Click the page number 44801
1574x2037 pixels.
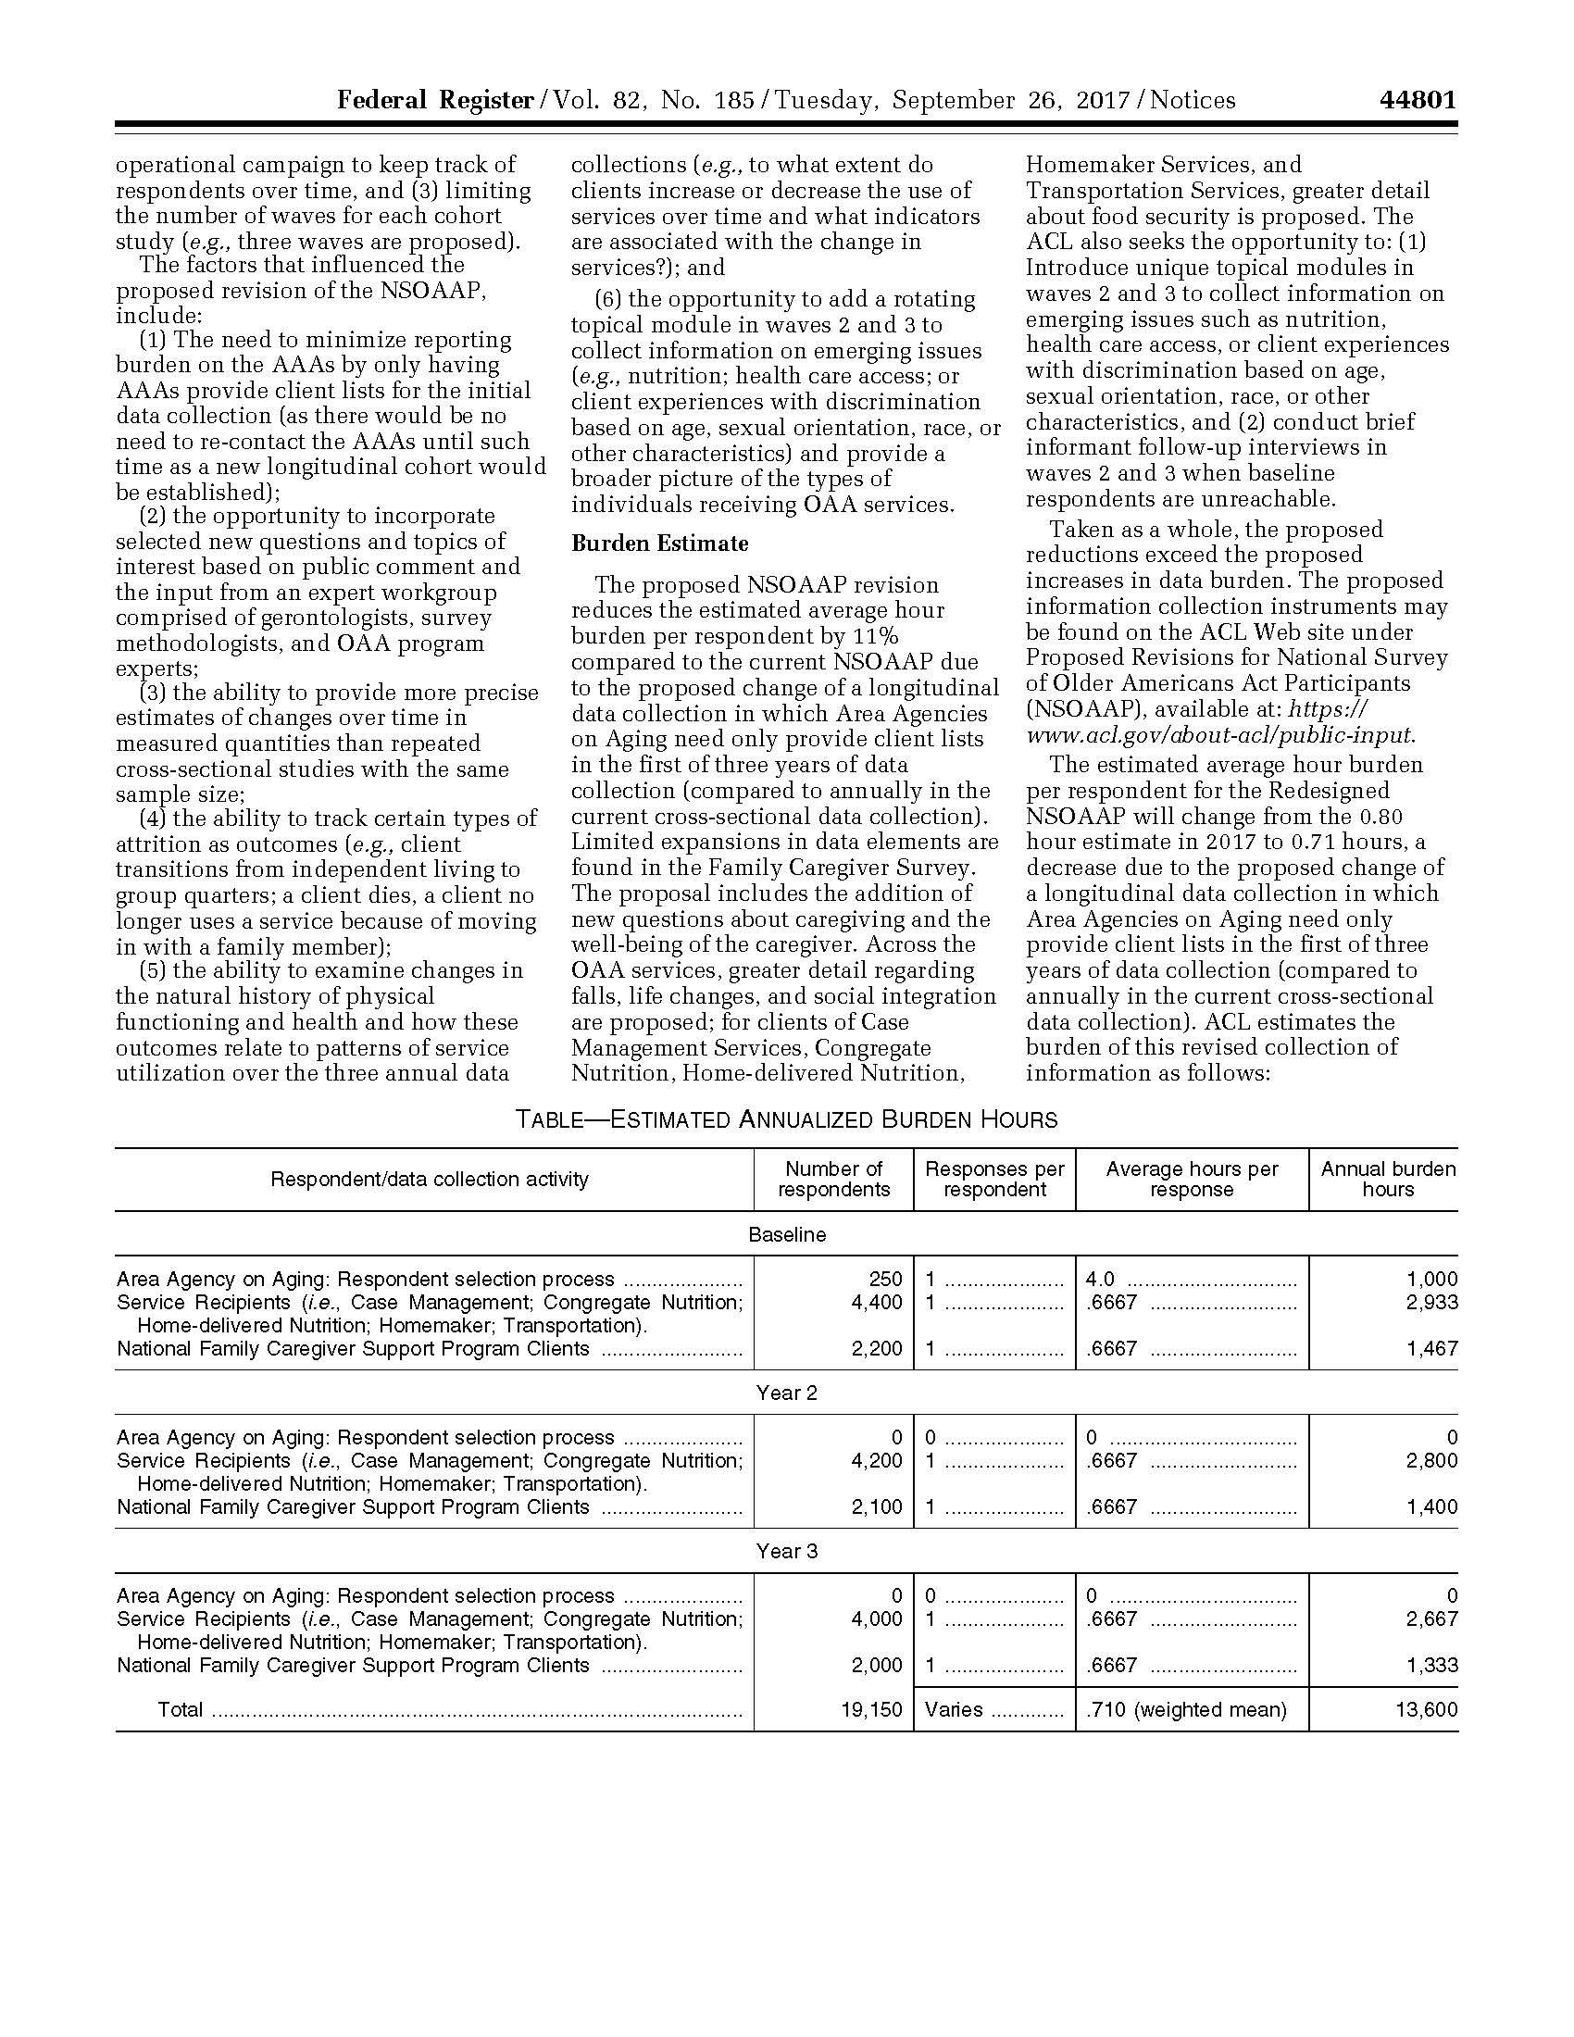click(x=1417, y=100)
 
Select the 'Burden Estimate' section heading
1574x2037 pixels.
click(x=659, y=544)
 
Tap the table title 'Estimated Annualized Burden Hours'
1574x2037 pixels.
click(x=787, y=1119)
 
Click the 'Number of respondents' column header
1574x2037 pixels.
click(x=833, y=1179)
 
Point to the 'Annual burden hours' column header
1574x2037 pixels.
click(x=1388, y=1179)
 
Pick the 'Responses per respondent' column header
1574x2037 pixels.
click(x=994, y=1179)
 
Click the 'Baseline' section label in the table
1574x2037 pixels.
click(x=787, y=1234)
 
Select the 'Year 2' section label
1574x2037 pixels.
click(x=787, y=1393)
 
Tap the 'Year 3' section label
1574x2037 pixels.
click(x=787, y=1551)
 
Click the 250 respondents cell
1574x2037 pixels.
click(x=885, y=1279)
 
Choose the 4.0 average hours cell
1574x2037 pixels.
click(x=1100, y=1279)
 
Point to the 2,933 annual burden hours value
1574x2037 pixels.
click(x=1431, y=1302)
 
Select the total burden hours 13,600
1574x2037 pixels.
click(x=1427, y=1709)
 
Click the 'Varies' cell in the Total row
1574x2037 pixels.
click(x=954, y=1709)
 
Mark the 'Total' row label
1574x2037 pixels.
click(x=180, y=1709)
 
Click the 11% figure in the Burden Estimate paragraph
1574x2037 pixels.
click(x=876, y=637)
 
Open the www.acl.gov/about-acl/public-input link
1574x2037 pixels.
click(x=1219, y=735)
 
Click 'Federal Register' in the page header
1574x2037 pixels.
click(x=434, y=100)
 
